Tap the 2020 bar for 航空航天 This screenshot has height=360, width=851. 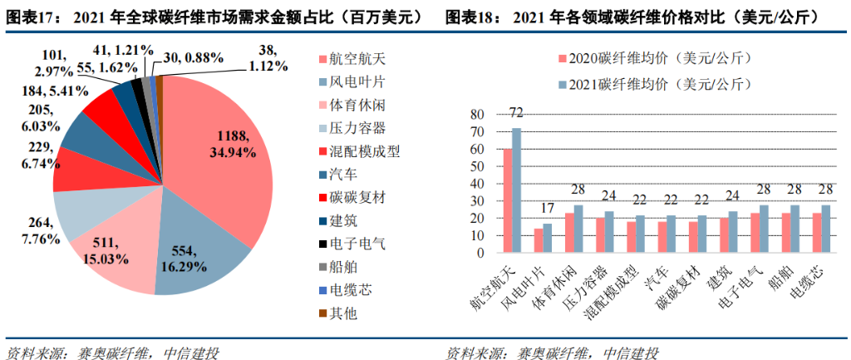tap(507, 192)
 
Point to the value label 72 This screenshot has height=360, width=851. tap(515, 112)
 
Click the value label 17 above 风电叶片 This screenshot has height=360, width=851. tap(546, 208)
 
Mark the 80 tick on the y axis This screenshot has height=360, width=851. tap(477, 115)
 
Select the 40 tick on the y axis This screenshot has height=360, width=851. tap(477, 184)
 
